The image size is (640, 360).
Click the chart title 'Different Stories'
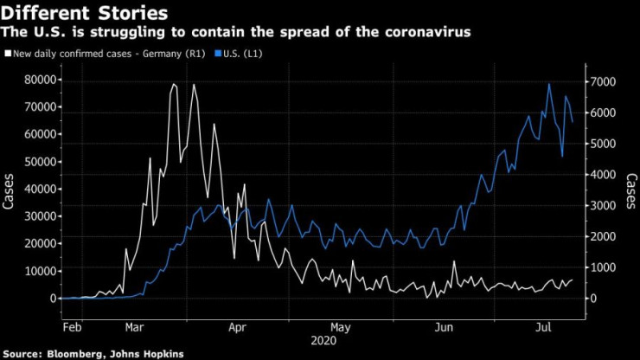coord(85,13)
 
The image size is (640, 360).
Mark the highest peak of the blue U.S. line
coord(549,84)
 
